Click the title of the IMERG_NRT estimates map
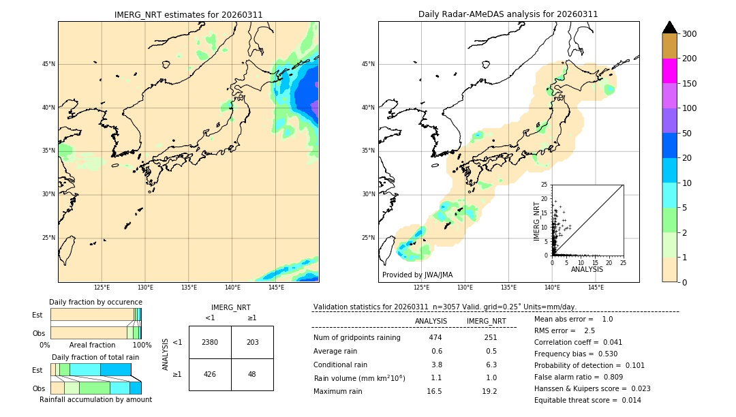[x=188, y=14]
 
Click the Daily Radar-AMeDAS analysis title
[x=508, y=14]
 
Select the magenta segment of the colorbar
[x=670, y=71]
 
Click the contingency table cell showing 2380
[x=210, y=342]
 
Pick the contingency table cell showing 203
[x=252, y=342]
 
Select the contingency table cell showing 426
[x=210, y=374]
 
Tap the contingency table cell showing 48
[x=252, y=374]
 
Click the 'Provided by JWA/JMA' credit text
[x=417, y=275]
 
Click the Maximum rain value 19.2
[x=489, y=391]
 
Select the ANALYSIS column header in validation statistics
[x=431, y=321]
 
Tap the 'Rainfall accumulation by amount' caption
[x=96, y=399]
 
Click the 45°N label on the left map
[x=48, y=64]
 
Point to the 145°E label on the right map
[x=596, y=288]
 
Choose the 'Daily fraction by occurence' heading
[x=95, y=302]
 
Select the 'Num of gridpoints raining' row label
[x=356, y=338]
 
